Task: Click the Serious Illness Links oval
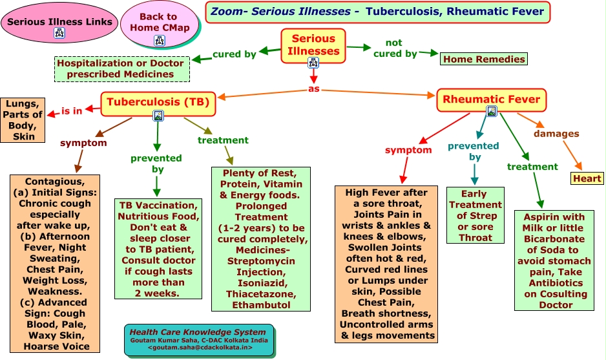tap(59, 22)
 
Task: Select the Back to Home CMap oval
tap(159, 23)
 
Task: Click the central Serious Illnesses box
tap(313, 45)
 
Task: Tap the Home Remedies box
tap(483, 59)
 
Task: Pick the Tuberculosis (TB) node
tap(158, 102)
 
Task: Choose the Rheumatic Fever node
tap(491, 100)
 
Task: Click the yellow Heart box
tap(587, 178)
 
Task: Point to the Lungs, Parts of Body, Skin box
tap(24, 120)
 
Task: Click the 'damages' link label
tap(556, 134)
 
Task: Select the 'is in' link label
tap(72, 111)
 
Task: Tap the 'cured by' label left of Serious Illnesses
tap(235, 54)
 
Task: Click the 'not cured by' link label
tap(395, 48)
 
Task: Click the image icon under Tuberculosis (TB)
tap(158, 116)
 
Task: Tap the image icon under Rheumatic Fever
tap(492, 111)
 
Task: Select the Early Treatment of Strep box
tap(475, 215)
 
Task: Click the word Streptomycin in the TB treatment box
tap(261, 261)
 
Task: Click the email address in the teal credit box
tap(200, 347)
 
